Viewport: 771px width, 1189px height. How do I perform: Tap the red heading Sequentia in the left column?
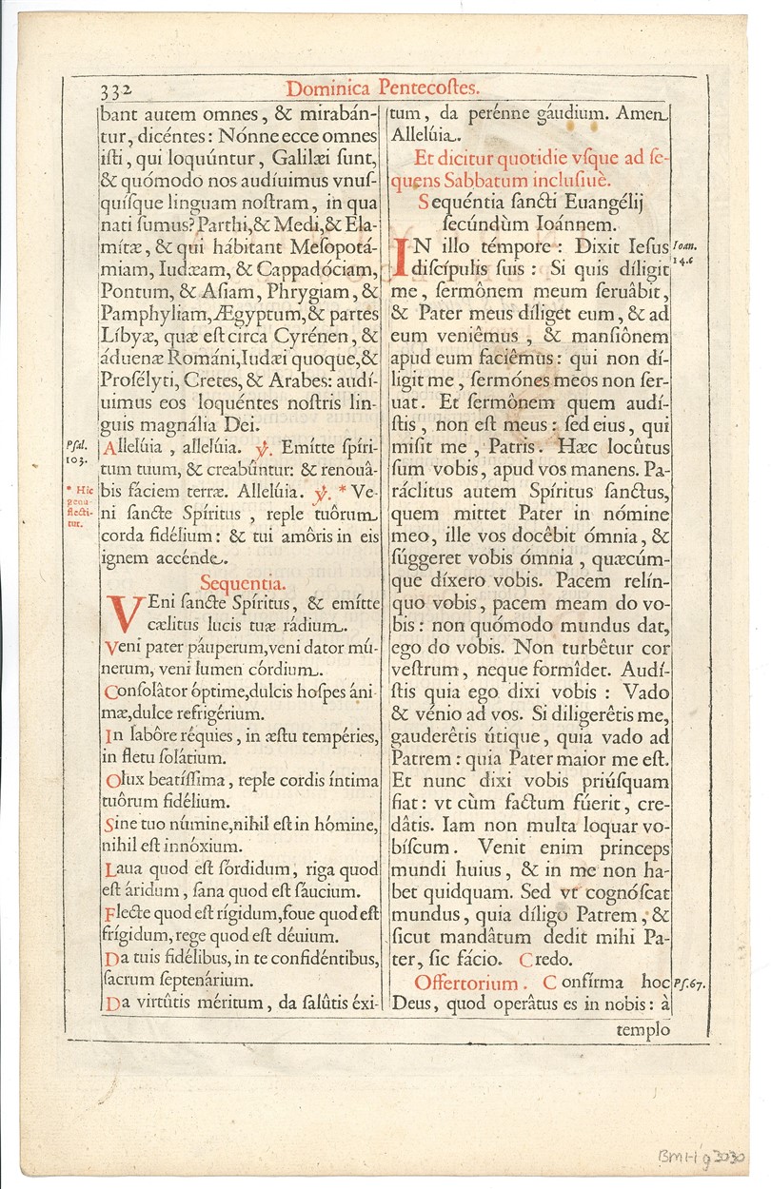tap(243, 583)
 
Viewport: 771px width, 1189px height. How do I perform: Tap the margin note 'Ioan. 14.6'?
tap(684, 250)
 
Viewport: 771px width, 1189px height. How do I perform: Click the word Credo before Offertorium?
tap(579, 959)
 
